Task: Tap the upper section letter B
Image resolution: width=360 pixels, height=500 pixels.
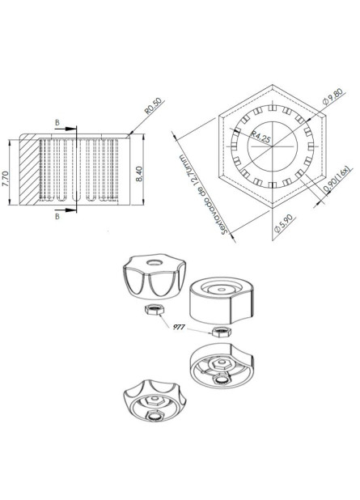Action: (57, 121)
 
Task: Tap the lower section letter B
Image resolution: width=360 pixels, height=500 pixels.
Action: (57, 217)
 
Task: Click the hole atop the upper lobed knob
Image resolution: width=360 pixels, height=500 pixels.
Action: (150, 261)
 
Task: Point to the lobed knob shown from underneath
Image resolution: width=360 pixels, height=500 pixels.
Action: (150, 401)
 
